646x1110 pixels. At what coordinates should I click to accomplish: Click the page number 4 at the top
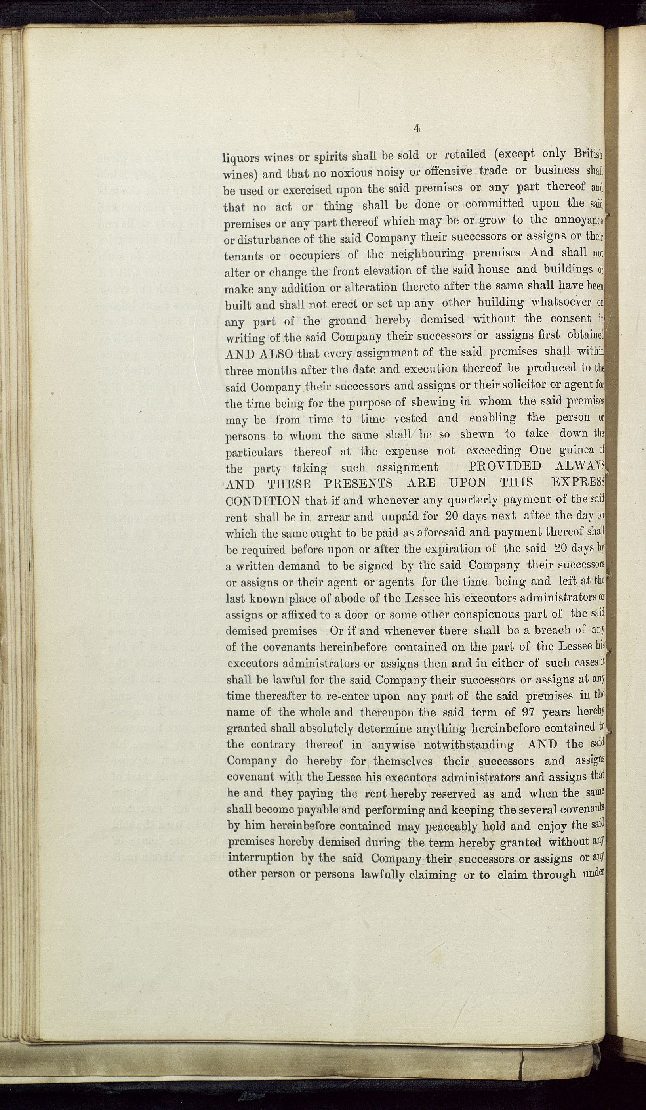click(416, 128)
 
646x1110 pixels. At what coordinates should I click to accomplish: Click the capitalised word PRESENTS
click(358, 484)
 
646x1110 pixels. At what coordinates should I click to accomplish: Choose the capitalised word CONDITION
click(262, 501)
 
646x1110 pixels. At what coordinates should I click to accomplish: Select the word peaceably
click(452, 827)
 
